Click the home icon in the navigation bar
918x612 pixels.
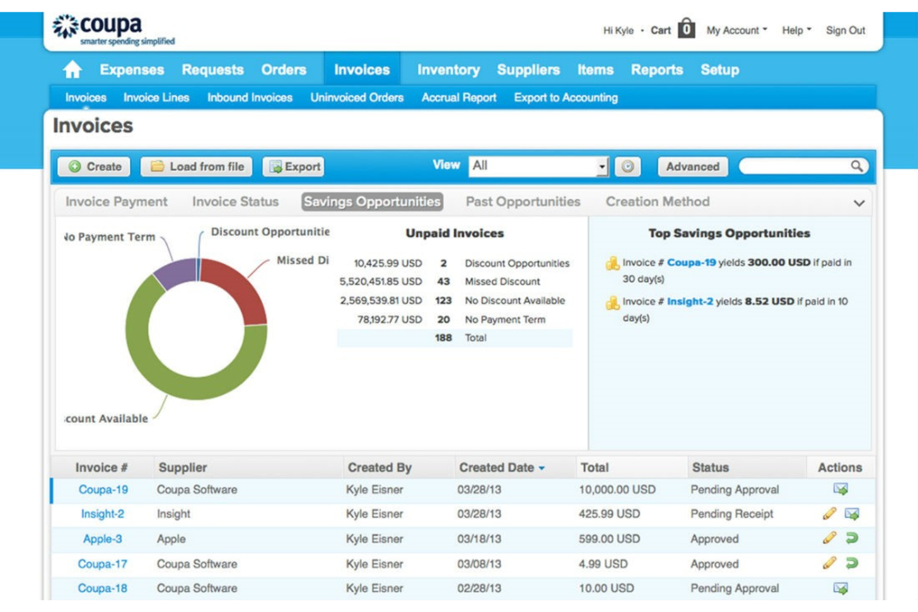(x=73, y=69)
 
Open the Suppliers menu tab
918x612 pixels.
(x=528, y=70)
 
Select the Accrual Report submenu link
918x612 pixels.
(x=458, y=97)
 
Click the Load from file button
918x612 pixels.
(x=197, y=166)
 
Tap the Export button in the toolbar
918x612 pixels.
(x=295, y=166)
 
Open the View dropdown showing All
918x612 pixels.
(x=538, y=166)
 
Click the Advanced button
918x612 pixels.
(x=692, y=166)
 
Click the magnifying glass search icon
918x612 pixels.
(x=856, y=166)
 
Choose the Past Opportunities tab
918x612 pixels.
(x=522, y=202)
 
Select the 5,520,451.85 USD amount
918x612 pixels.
(x=380, y=282)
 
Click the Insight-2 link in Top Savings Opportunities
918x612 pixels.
(x=690, y=301)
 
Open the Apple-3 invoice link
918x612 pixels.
(x=102, y=539)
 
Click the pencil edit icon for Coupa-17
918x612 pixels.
(x=829, y=563)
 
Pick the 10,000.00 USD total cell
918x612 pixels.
(x=617, y=489)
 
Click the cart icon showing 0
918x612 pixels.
(x=686, y=29)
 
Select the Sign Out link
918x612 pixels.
(x=845, y=30)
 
